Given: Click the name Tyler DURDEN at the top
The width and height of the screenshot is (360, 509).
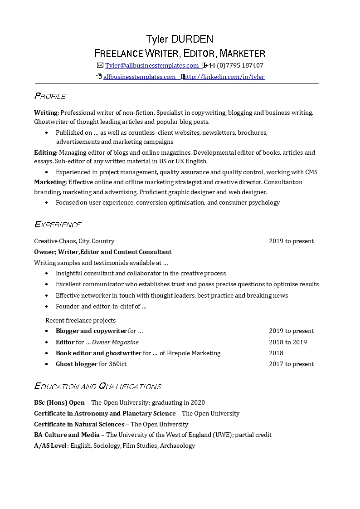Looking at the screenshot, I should (x=180, y=39).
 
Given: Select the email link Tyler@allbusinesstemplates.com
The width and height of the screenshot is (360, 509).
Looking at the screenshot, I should (x=152, y=65).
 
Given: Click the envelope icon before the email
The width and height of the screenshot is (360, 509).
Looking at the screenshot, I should (x=100, y=65).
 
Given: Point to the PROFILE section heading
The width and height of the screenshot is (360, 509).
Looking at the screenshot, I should (x=50, y=96).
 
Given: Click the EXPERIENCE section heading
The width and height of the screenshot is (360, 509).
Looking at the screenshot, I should (x=58, y=225).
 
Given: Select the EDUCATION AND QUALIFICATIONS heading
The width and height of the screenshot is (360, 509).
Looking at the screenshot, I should (x=97, y=387).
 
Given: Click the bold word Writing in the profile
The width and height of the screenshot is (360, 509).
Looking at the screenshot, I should (x=46, y=113).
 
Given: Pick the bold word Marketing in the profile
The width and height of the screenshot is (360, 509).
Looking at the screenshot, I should (x=50, y=182).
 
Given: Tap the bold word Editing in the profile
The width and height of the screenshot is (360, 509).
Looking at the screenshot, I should (x=45, y=152).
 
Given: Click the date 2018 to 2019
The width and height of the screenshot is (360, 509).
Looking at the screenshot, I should (x=287, y=342).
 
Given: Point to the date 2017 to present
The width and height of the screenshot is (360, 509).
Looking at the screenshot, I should (x=291, y=364).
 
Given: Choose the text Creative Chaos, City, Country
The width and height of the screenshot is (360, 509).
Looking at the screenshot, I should (x=74, y=241).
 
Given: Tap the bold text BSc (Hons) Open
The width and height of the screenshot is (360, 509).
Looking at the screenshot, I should (x=59, y=402).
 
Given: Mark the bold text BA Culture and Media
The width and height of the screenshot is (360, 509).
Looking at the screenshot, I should (x=67, y=435).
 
